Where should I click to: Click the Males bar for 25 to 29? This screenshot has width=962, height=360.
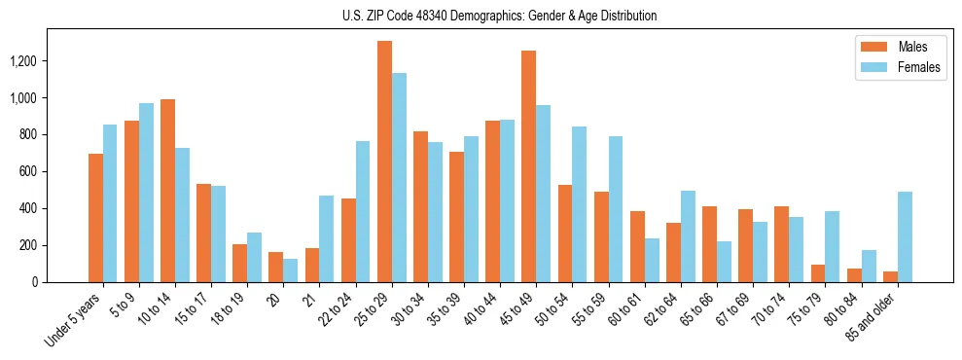[384, 162]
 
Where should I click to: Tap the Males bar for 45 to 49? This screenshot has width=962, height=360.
[528, 166]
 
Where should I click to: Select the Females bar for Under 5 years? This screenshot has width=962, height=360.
[110, 203]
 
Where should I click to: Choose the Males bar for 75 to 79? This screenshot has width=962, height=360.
[817, 273]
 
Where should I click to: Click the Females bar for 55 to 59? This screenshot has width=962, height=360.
[615, 209]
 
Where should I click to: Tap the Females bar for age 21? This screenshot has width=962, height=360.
[327, 238]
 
